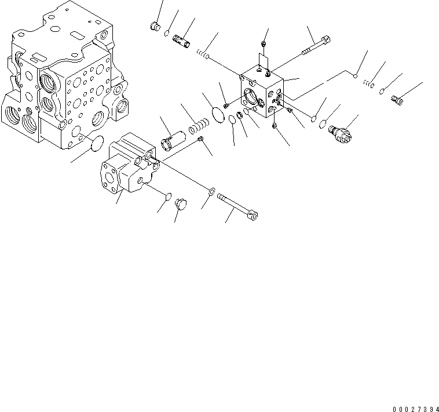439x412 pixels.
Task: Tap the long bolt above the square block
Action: click(x=316, y=46)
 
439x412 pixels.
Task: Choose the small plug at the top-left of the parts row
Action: click(x=154, y=25)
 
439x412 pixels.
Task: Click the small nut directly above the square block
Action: click(x=264, y=42)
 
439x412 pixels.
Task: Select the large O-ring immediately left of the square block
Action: click(x=218, y=114)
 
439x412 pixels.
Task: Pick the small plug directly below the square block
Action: click(x=275, y=126)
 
